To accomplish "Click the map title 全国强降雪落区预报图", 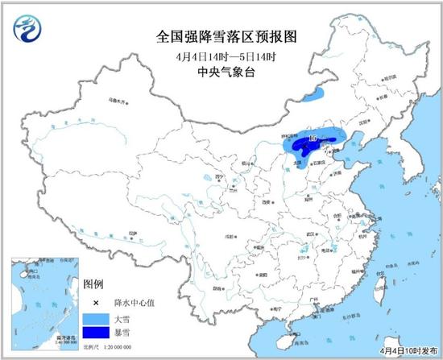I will click(221, 35).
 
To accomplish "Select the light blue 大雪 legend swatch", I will click(97, 319).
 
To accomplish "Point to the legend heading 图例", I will click(93, 286).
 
